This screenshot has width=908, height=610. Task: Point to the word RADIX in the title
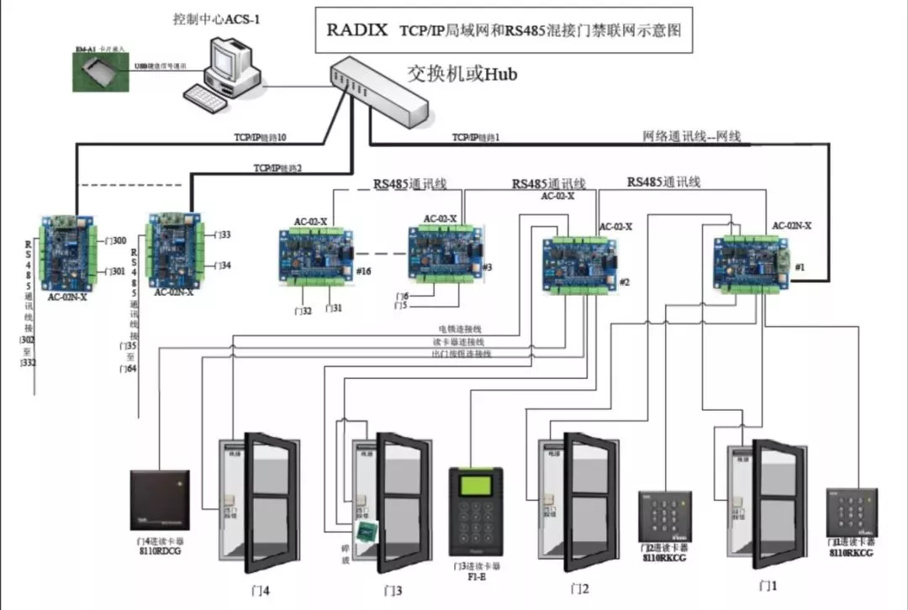[x=357, y=31]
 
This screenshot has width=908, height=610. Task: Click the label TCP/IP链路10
[x=260, y=136]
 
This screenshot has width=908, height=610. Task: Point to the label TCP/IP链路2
[x=277, y=168]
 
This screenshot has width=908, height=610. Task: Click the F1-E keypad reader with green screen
[x=477, y=513]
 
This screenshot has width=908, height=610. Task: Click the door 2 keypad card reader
[x=664, y=516]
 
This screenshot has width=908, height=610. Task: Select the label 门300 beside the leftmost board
[x=114, y=241]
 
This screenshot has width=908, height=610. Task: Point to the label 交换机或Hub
[x=462, y=74]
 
